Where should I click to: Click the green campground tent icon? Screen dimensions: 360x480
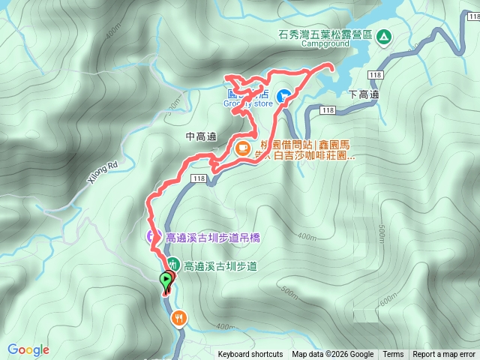point(384,36)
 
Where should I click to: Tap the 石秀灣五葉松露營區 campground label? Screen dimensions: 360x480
point(325,33)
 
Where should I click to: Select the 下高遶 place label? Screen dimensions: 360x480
point(364,95)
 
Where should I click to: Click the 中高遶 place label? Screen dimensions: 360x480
point(200,136)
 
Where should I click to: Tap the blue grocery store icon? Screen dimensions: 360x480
point(284,96)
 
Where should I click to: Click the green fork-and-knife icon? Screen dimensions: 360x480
point(173,264)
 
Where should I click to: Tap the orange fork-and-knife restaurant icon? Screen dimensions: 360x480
point(178,318)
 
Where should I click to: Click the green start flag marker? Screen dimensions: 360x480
point(165,282)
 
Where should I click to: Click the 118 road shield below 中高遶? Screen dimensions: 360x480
point(198,178)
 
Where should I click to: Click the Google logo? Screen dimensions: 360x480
point(28,349)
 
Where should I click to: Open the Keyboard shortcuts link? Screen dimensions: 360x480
point(250,355)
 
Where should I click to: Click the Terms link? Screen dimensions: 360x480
point(393,355)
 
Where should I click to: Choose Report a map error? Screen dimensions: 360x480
point(444,355)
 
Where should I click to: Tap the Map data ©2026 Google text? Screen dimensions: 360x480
point(332,355)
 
